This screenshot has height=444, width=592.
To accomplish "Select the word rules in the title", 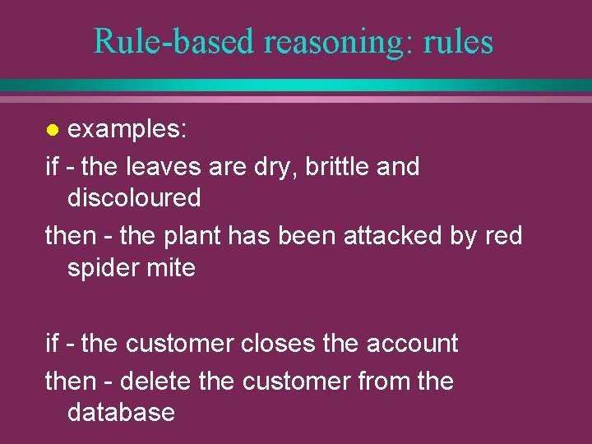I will coord(459,41).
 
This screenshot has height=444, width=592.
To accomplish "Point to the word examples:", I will coord(127,129).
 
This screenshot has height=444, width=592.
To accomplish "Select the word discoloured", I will coord(134,198).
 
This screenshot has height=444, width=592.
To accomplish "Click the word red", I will coord(503,236).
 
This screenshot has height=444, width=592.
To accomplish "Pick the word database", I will coord(121,412).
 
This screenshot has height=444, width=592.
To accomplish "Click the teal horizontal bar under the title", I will coord(296,85).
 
